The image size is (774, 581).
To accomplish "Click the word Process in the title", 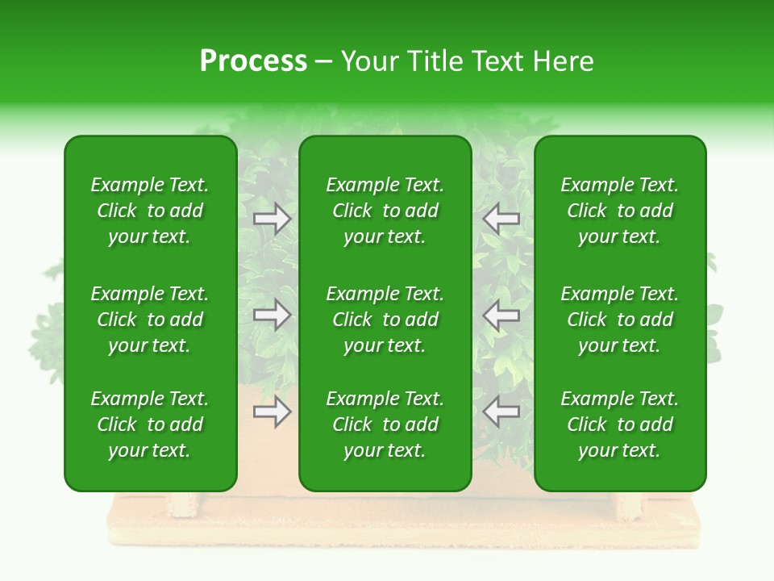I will point(253,61).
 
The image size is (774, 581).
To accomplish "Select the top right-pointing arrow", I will point(273,219).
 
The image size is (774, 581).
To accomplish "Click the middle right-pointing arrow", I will point(273,315).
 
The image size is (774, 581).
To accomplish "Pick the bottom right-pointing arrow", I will point(273,412).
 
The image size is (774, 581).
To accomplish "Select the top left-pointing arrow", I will point(501,219).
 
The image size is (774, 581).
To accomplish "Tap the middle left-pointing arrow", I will point(501,315).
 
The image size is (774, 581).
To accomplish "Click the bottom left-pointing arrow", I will point(501,412).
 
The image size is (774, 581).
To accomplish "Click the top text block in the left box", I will point(150,211).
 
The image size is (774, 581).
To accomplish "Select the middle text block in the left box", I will point(150,320).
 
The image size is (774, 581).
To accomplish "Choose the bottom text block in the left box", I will point(150,424).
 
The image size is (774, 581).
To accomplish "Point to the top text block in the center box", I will point(385,211).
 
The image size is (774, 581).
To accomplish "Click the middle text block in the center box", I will point(385,320).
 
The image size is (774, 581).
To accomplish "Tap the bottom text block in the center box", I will point(385,424).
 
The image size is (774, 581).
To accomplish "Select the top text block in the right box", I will point(619,211).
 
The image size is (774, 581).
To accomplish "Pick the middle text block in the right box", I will point(619,320).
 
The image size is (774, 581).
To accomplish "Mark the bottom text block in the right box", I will point(619,424).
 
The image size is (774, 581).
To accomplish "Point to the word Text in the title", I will point(497,61).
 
